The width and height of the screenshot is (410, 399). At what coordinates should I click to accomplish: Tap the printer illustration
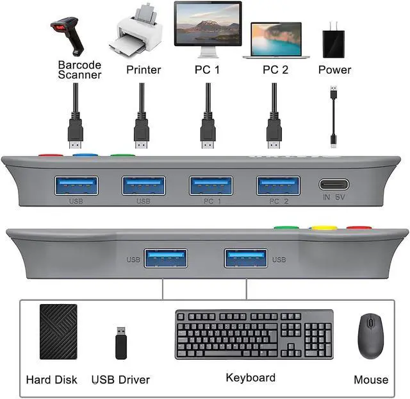coord(136,32)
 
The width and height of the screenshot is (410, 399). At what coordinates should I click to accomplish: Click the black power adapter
coord(334,40)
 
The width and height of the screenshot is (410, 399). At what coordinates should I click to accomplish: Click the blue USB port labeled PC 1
coord(211,185)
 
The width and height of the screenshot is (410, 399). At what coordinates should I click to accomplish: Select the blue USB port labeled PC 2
coord(278,185)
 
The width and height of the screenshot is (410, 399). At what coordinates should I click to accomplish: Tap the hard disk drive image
coord(58,332)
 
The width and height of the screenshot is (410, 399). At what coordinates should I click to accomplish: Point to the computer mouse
coord(371,335)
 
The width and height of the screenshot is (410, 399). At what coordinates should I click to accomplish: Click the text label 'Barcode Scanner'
coord(79,70)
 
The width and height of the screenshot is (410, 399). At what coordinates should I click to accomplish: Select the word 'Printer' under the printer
coord(143,69)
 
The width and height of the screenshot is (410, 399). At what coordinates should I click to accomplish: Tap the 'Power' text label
coord(334,69)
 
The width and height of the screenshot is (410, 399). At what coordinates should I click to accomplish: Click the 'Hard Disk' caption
coord(51,380)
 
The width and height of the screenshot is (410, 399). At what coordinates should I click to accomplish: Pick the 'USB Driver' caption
coord(121,380)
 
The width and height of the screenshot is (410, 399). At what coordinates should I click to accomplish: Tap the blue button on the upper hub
coord(81,155)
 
